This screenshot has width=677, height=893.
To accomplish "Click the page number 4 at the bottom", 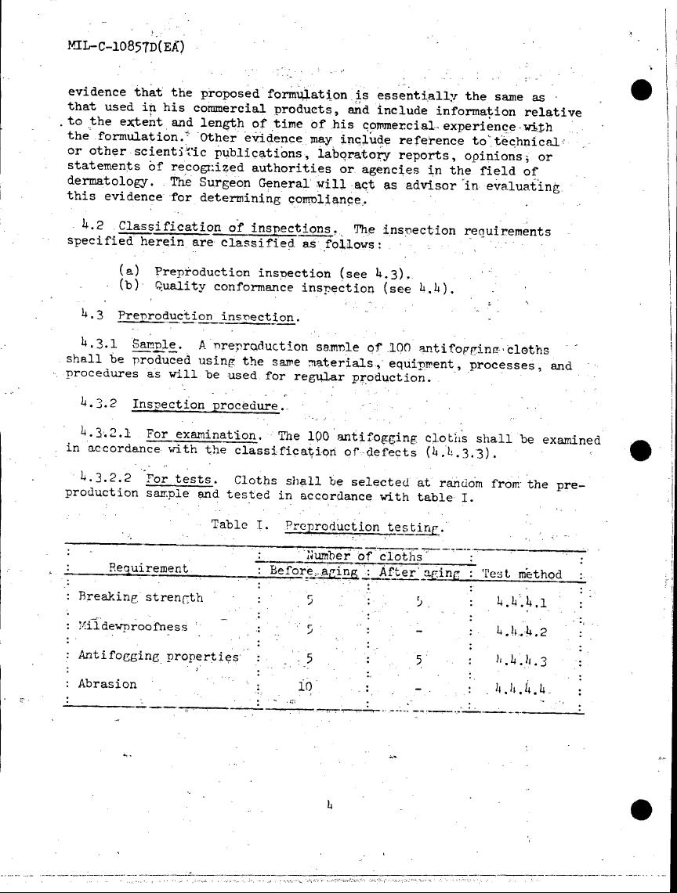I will pos(330,804).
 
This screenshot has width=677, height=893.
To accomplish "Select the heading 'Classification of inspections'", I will pos(226,229).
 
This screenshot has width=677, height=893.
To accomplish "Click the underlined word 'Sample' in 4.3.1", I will pos(153,344).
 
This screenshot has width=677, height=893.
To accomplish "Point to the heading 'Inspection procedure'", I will pos(205,405).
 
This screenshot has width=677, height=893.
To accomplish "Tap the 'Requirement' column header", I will pos(148,569).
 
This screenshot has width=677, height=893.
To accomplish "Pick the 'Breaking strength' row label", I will pos(140,597).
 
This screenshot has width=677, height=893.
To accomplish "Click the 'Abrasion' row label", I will pos(107,683).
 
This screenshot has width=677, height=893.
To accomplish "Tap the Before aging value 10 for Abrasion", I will pos(305,687).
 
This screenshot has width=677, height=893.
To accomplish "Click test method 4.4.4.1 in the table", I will pos(522,602).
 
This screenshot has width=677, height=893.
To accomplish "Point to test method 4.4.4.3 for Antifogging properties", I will pos(521,661).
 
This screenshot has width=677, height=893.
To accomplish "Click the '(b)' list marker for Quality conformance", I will pos(129,286).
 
